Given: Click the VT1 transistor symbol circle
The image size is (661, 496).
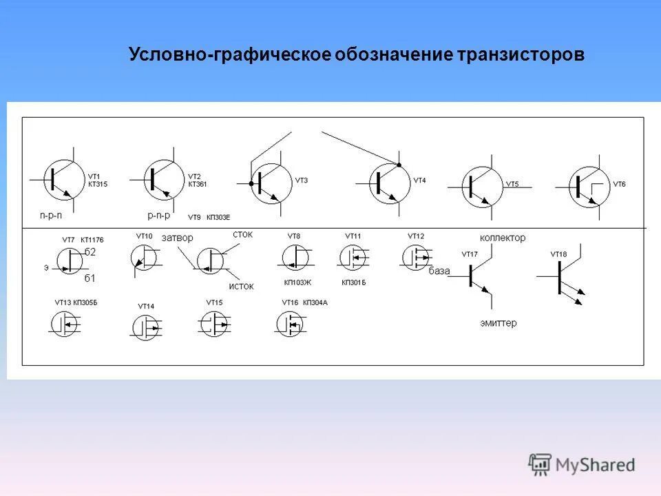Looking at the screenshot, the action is [x=63, y=179].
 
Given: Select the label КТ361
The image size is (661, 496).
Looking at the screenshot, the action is [x=197, y=185].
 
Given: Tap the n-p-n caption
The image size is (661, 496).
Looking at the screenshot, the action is [x=50, y=215].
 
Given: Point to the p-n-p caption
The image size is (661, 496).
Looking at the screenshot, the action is [x=159, y=215].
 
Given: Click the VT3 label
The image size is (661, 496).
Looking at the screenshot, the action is [x=302, y=180].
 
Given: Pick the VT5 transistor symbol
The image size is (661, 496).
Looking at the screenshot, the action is [x=482, y=187].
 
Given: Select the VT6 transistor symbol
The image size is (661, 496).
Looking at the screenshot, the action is [x=589, y=187].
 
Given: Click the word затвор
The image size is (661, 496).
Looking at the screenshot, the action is [x=177, y=238].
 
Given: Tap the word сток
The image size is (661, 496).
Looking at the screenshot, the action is [x=242, y=235].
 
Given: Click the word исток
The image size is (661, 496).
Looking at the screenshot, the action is [x=241, y=286].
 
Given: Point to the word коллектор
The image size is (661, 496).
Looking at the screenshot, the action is [x=502, y=238].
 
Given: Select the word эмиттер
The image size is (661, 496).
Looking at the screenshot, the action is [x=499, y=322].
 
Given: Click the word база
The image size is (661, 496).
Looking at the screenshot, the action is [x=439, y=271].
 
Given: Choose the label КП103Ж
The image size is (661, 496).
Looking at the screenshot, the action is [x=297, y=282].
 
